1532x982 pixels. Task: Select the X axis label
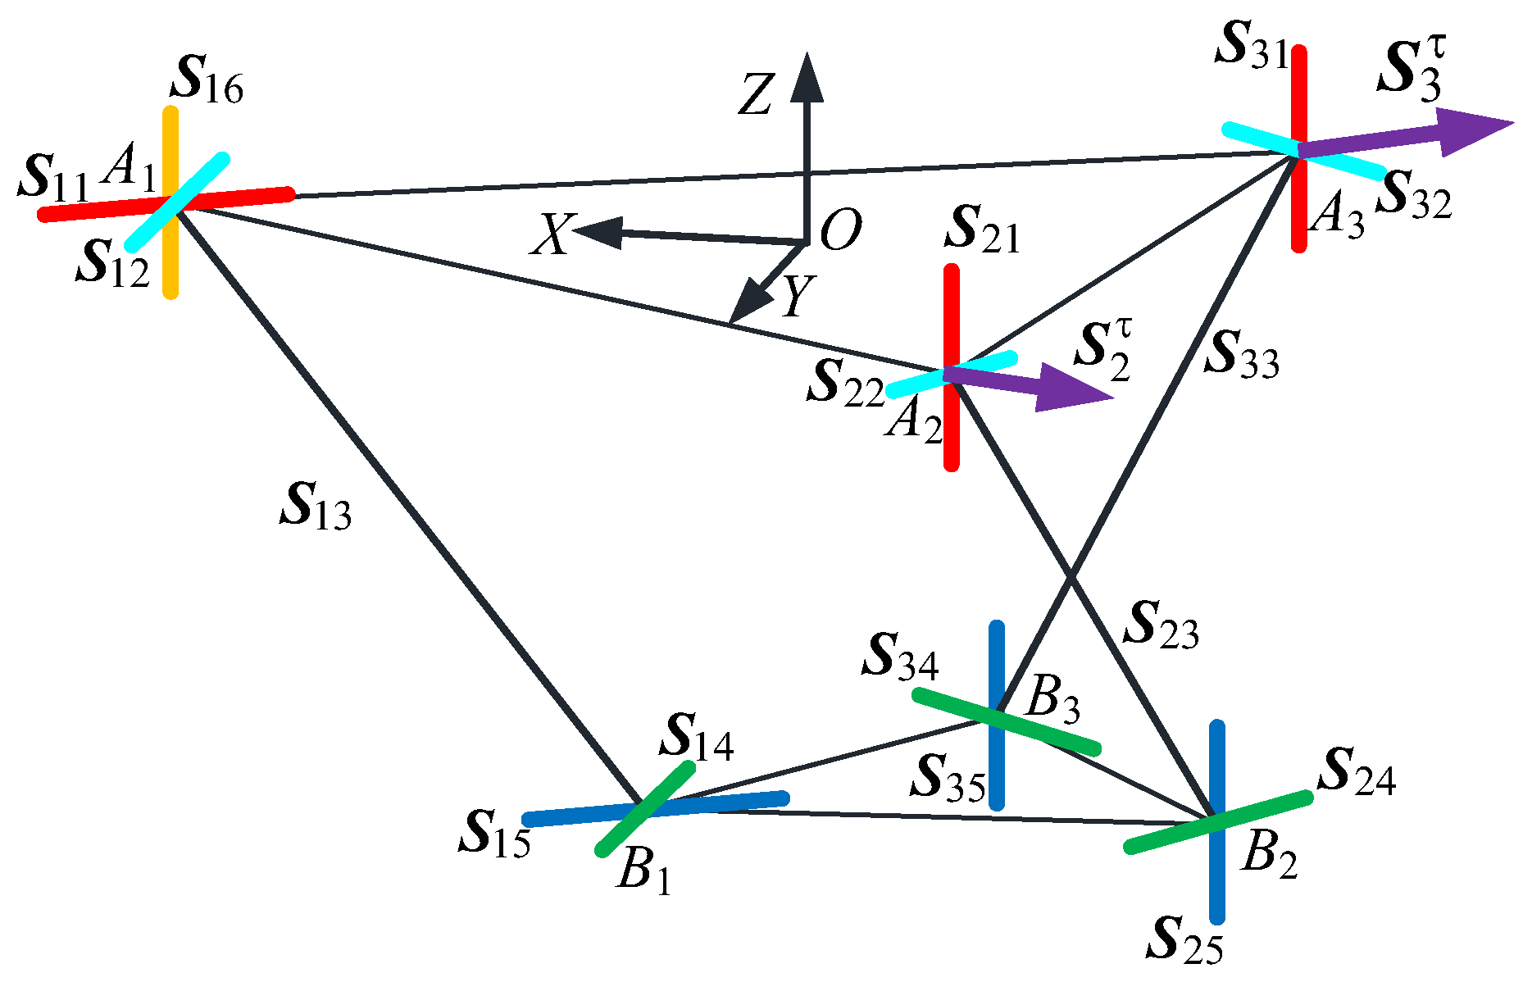(x=552, y=236)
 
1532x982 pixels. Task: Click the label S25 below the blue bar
(x=1184, y=939)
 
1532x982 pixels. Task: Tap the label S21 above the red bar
(x=981, y=231)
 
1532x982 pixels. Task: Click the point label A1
(x=128, y=172)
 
